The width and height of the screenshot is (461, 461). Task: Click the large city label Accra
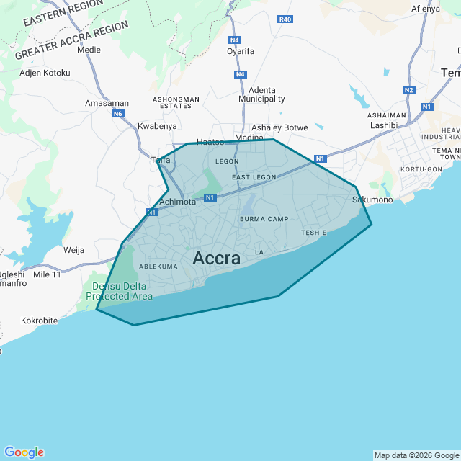[217, 259]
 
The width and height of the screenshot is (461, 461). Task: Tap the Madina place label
[249, 137]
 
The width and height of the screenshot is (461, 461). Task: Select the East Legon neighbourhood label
[254, 176]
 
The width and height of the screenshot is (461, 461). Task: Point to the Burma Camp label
[264, 219]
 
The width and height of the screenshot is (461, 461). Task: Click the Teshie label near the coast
[314, 233]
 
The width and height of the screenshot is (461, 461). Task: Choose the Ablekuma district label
[158, 267]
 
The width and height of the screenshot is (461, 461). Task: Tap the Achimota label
[177, 202]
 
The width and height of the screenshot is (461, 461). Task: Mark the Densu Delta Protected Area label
[120, 291]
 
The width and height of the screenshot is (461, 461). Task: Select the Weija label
[74, 250]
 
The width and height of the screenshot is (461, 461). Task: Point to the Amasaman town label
[107, 103]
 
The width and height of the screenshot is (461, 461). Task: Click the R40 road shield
[285, 19]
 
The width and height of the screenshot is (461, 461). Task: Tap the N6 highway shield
[118, 114]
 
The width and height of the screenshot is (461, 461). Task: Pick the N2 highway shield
[409, 90]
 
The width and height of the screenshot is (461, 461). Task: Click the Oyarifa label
[241, 51]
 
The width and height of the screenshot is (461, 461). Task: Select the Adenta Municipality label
[261, 94]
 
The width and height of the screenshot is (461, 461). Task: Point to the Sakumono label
[372, 200]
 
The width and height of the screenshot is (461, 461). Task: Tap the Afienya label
[425, 9]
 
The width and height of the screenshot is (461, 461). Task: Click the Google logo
[24, 452]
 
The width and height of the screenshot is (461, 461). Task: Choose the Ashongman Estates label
[176, 102]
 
